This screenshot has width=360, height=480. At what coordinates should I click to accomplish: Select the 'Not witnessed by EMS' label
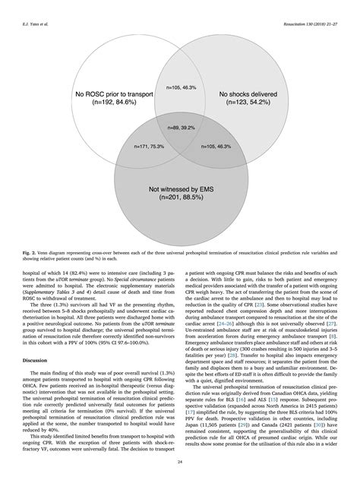[179, 191]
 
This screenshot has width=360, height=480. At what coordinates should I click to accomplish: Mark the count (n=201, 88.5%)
[179, 201]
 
